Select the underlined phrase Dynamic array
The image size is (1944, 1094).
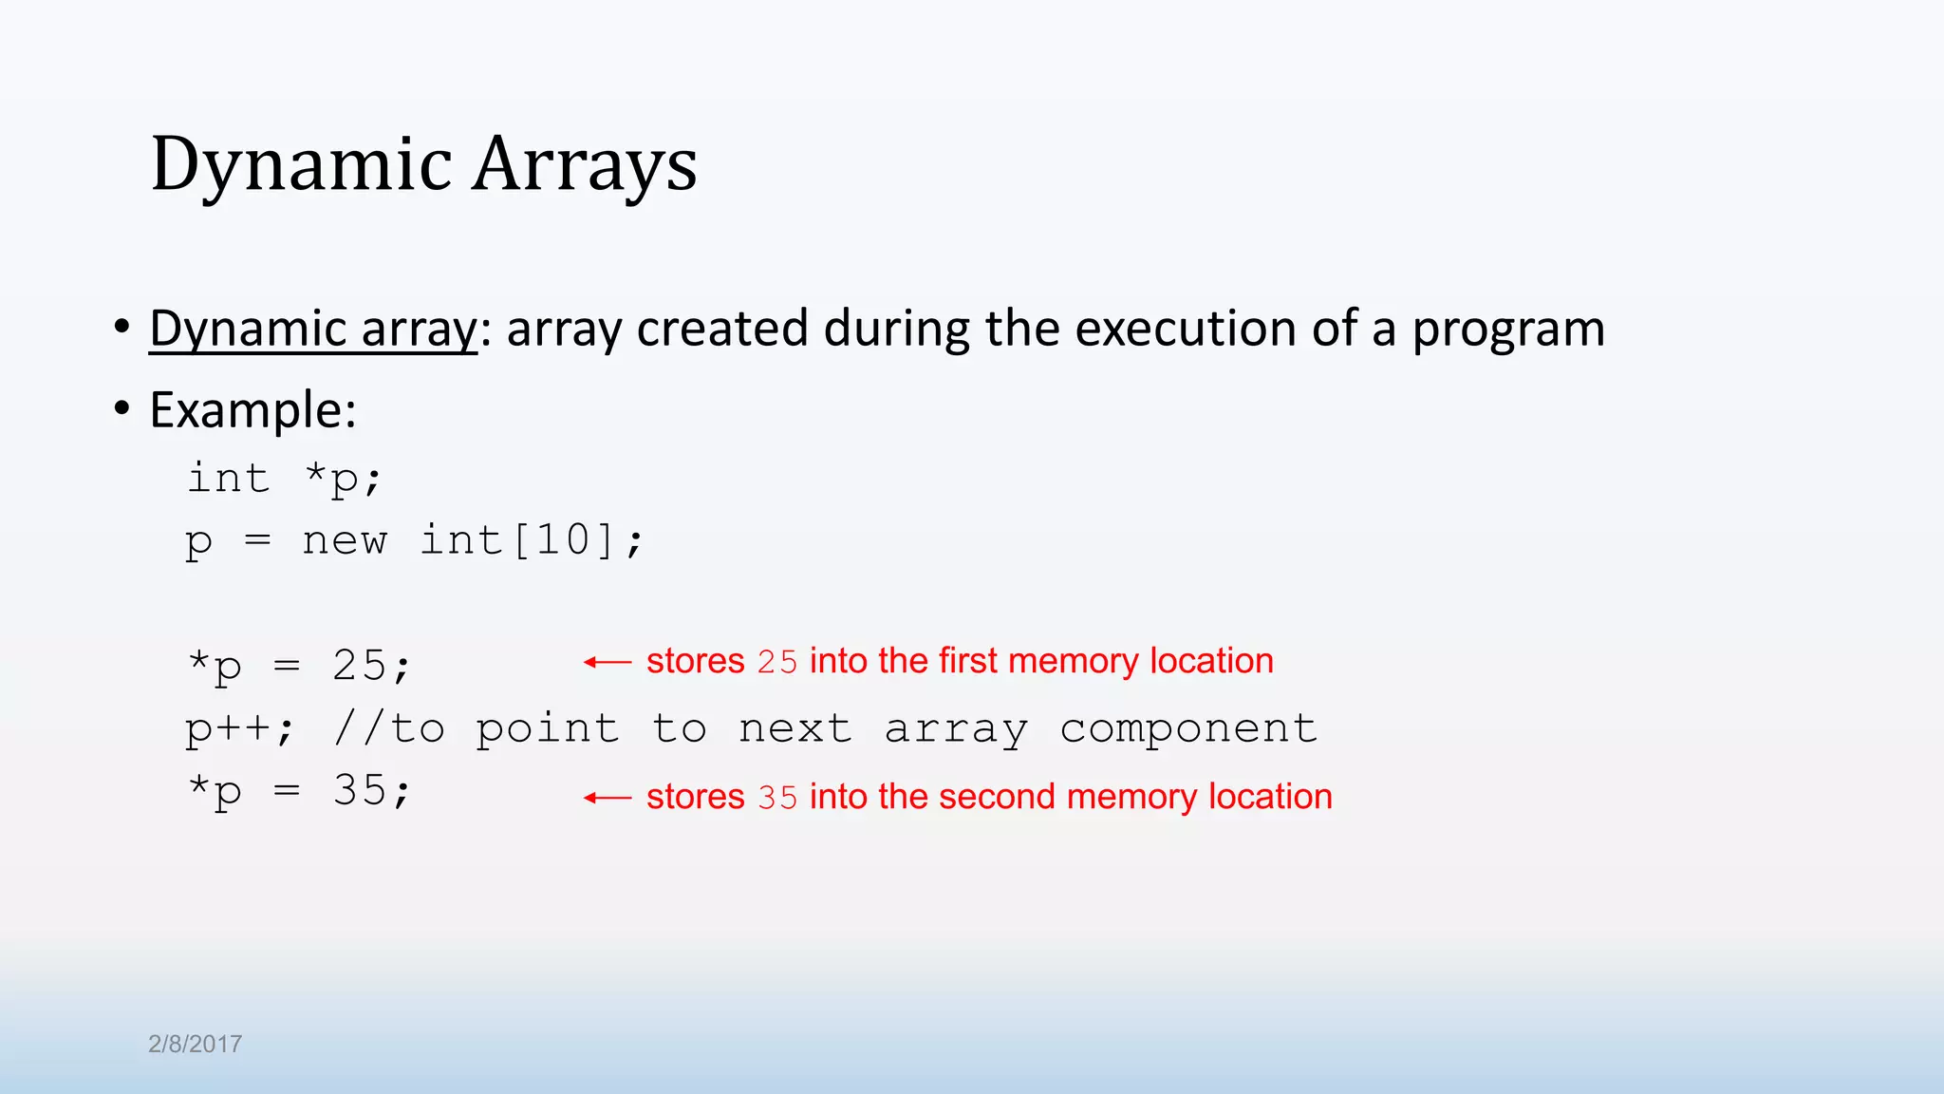click(313, 329)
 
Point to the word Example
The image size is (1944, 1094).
click(252, 410)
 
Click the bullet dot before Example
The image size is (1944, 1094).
click(121, 408)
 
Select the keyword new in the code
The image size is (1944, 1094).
click(345, 540)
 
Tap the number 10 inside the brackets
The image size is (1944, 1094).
click(564, 540)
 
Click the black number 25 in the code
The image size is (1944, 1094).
click(360, 665)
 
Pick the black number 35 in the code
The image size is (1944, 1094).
click(360, 790)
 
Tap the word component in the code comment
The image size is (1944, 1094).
click(1188, 729)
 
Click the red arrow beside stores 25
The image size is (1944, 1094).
click(607, 662)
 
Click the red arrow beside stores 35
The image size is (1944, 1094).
click(607, 798)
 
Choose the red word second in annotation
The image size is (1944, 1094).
click(997, 797)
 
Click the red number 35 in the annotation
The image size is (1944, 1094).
click(777, 797)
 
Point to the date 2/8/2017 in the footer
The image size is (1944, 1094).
click(196, 1044)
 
